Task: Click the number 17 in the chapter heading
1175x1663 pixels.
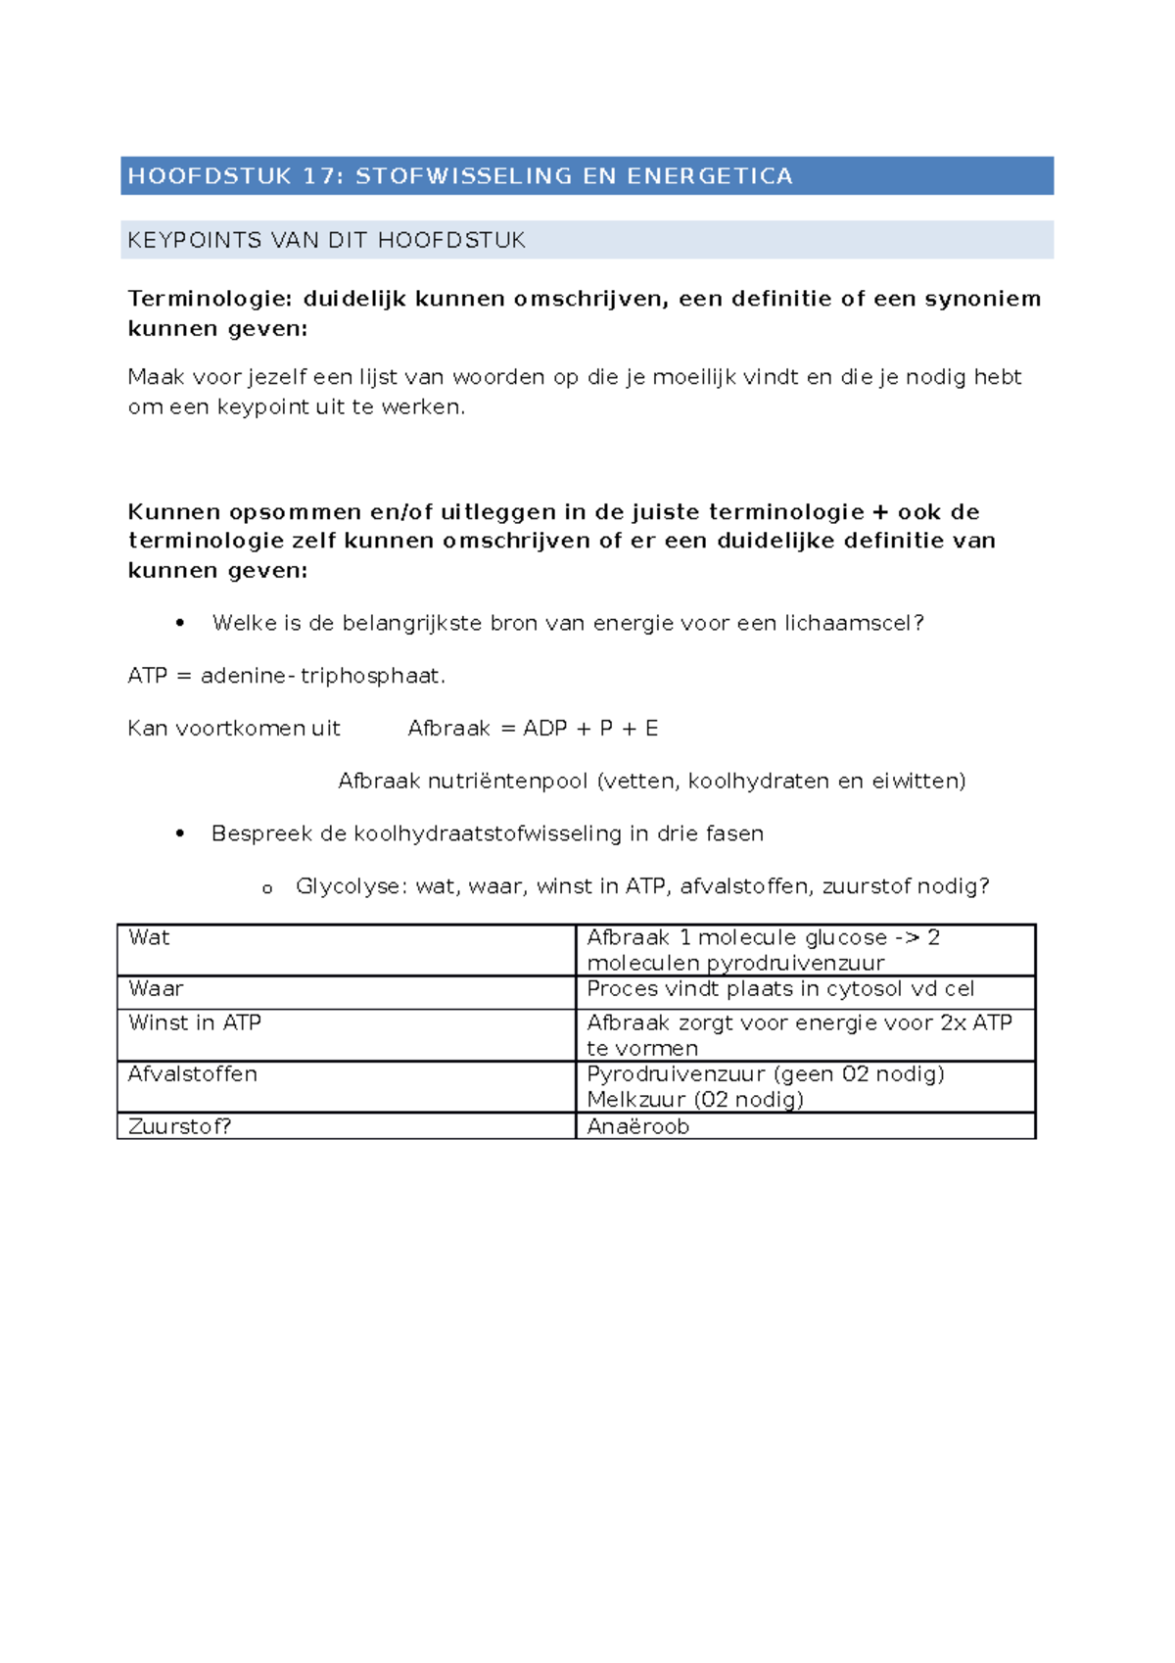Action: (320, 176)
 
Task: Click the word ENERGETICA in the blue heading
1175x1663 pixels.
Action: (710, 176)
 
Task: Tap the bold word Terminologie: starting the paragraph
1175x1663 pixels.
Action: (210, 299)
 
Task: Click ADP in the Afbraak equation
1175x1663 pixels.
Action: (545, 729)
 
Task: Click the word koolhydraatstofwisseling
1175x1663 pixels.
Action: (488, 833)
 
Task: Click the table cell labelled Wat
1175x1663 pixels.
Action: (149, 938)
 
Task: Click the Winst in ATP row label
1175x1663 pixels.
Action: (195, 1023)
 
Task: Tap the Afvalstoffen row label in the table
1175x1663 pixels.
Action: (193, 1074)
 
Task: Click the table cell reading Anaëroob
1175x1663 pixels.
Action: (638, 1126)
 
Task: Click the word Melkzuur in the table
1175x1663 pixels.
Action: (635, 1100)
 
